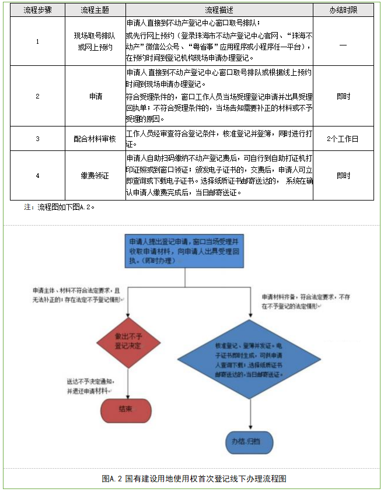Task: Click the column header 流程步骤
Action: point(37,11)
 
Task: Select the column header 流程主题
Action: point(95,11)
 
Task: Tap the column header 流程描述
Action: point(219,11)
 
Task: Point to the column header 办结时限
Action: point(343,11)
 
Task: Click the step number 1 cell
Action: point(37,42)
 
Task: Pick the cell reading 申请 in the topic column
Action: point(95,96)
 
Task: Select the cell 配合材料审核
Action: point(95,139)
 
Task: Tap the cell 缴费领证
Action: point(95,175)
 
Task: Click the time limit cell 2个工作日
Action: point(343,139)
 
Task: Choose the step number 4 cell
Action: point(37,175)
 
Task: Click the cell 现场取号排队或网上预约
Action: point(95,42)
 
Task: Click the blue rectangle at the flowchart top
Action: point(183,251)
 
